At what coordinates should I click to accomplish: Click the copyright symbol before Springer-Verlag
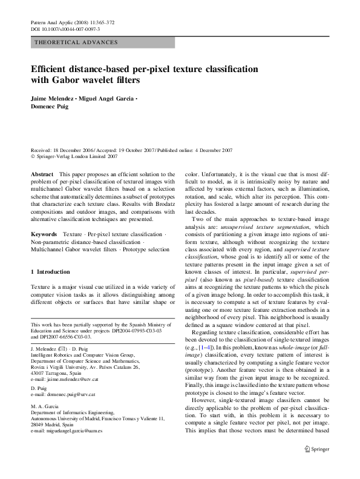33,156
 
